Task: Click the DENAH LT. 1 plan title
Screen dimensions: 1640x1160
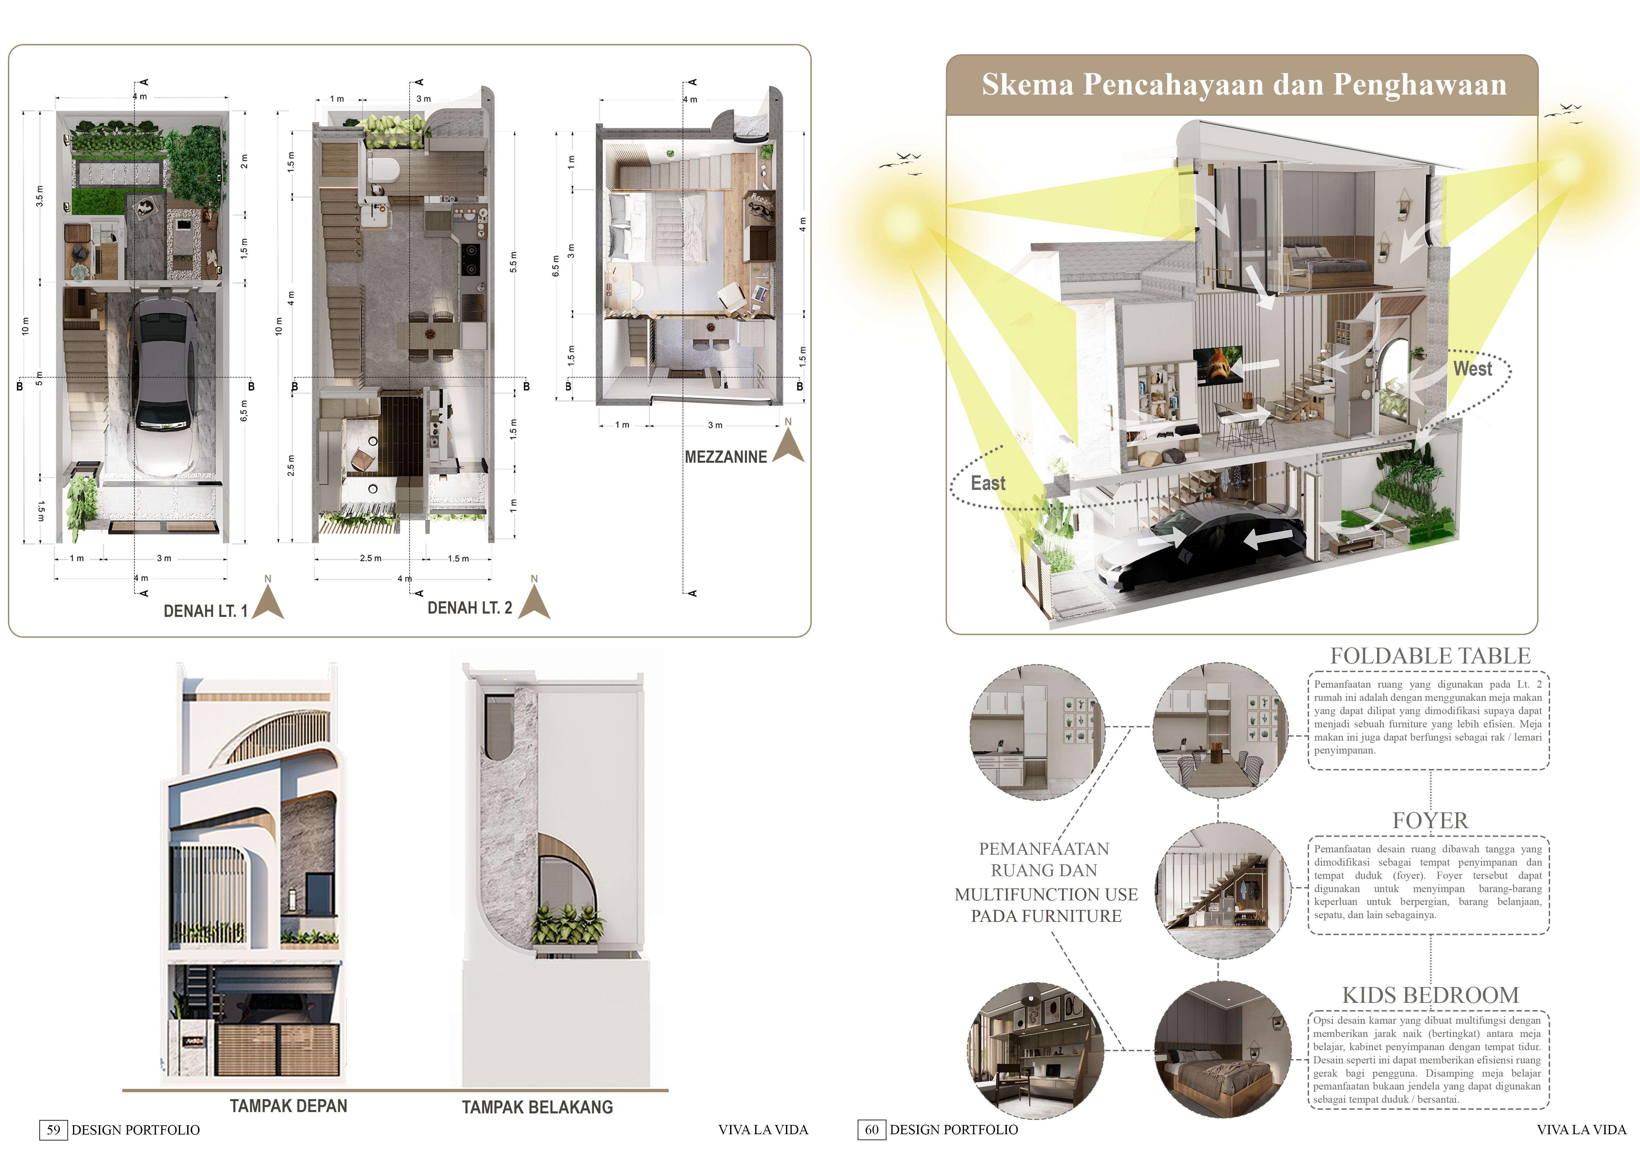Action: pyautogui.click(x=205, y=611)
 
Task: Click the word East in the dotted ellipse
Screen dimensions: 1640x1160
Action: pyautogui.click(x=988, y=484)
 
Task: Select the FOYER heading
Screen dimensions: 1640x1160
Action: pyautogui.click(x=1430, y=821)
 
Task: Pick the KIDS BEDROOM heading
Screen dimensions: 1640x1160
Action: pyautogui.click(x=1430, y=995)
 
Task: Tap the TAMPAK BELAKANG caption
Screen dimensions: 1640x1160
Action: pyautogui.click(x=537, y=1107)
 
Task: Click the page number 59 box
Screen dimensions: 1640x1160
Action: pyautogui.click(x=53, y=1130)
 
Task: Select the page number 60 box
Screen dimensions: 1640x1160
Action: pyautogui.click(x=872, y=1130)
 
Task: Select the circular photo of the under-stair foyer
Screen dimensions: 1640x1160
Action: pyautogui.click(x=1221, y=890)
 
